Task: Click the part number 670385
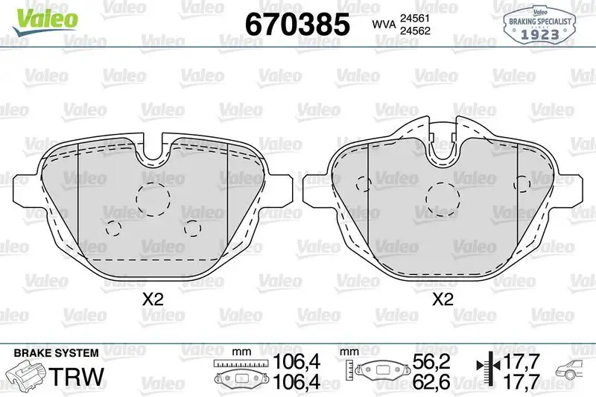pos(297,25)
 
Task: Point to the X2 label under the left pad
pos(153,300)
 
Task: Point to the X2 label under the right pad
pos(443,300)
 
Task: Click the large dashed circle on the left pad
pos(154,197)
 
